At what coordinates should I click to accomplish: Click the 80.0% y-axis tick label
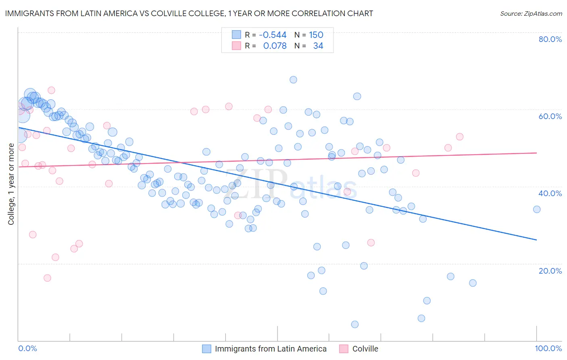(x=550, y=39)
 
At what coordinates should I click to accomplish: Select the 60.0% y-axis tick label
(x=550, y=116)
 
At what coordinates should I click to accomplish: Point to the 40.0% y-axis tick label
(x=550, y=193)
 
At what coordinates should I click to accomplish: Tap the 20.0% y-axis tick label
(x=550, y=271)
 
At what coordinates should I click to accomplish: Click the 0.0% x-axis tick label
(x=27, y=349)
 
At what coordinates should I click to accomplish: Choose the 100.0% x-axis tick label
(x=548, y=349)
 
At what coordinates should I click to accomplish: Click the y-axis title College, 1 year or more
(x=11, y=184)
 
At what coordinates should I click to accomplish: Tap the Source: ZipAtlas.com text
(x=531, y=13)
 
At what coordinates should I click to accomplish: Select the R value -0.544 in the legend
(x=273, y=35)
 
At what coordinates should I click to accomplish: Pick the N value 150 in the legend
(x=316, y=35)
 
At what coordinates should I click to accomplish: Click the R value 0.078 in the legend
(x=275, y=46)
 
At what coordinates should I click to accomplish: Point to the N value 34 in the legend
(x=318, y=46)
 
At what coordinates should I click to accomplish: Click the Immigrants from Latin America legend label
(x=271, y=349)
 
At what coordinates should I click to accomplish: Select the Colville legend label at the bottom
(x=365, y=349)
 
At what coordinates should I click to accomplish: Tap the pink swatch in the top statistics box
(x=236, y=46)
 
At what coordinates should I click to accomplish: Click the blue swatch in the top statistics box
(x=236, y=35)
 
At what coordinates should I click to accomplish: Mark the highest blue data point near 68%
(x=293, y=80)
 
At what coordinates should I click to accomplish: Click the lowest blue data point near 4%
(x=355, y=324)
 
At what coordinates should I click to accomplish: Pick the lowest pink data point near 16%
(x=47, y=278)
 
